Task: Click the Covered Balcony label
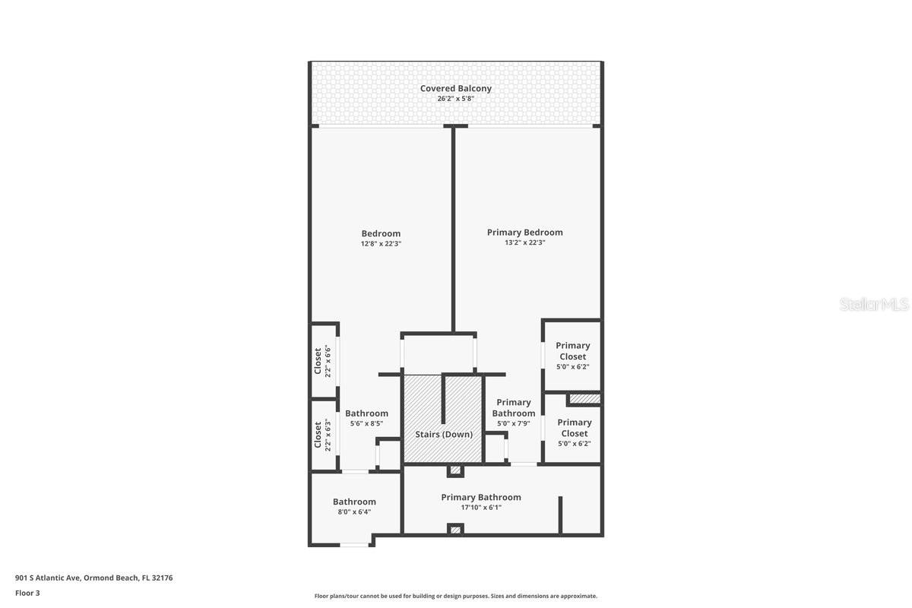(x=455, y=88)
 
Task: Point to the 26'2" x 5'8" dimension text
(x=455, y=99)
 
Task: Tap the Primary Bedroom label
(x=524, y=232)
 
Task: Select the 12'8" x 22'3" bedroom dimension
(x=381, y=244)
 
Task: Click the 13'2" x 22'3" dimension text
(x=524, y=242)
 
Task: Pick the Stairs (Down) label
(x=444, y=434)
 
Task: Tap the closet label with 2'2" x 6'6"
(x=318, y=360)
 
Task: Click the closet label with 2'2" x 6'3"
(x=318, y=434)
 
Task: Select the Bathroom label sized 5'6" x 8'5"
(x=366, y=413)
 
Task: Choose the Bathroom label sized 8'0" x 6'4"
(x=354, y=502)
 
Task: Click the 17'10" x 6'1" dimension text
(x=481, y=508)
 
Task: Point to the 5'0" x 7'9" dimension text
(x=514, y=424)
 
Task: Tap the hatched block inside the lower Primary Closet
(x=584, y=398)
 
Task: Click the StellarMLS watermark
(x=874, y=304)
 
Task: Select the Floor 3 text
(x=27, y=593)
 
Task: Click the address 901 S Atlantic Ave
(x=93, y=578)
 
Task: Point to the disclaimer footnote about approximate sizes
(x=455, y=596)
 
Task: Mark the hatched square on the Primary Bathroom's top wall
(x=455, y=470)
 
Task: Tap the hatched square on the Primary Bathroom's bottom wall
(x=455, y=529)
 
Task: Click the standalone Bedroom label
(x=381, y=233)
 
